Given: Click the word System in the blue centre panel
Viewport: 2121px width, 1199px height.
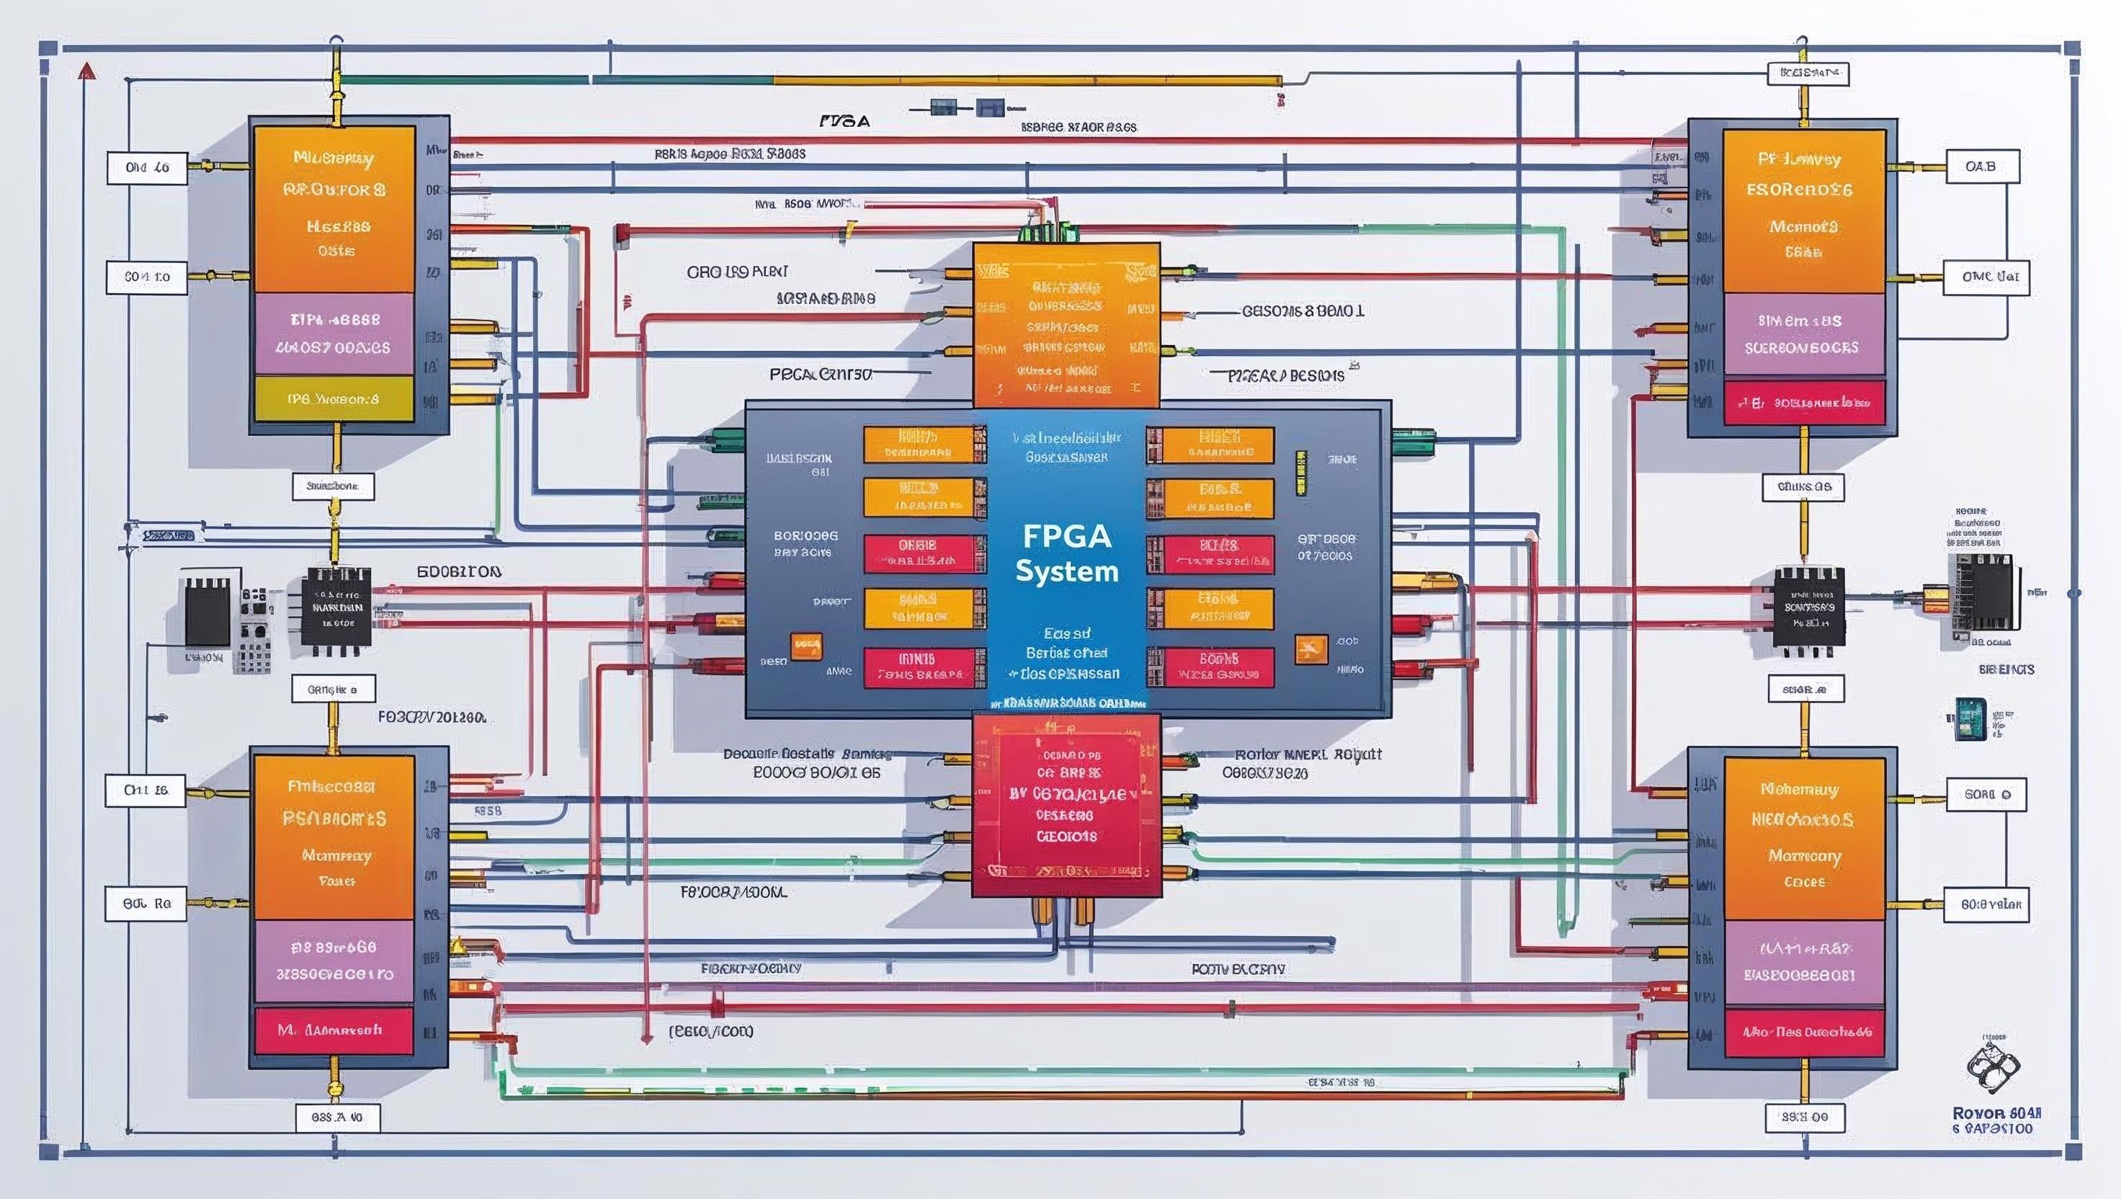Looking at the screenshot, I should tap(1066, 571).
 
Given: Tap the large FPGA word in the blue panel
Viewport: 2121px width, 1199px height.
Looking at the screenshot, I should tap(1066, 536).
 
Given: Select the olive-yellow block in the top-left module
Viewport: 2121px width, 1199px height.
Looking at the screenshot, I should tap(334, 399).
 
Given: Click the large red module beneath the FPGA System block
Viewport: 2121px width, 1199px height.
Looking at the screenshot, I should tap(1066, 805).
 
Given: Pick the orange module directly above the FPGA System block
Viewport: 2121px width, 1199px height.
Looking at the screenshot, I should tap(1066, 324).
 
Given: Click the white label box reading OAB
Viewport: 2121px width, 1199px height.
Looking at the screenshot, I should tap(1981, 166).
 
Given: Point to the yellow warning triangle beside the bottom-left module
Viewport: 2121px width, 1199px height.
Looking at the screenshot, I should tap(457, 946).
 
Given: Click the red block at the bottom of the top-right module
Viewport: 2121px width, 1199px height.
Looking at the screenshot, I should tap(1804, 403).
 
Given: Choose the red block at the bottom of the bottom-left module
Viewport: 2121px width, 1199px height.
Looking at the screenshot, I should tap(334, 1030).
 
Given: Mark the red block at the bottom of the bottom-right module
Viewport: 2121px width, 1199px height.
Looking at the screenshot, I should tap(1804, 1031).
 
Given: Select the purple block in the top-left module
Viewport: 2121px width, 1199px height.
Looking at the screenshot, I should tap(334, 334).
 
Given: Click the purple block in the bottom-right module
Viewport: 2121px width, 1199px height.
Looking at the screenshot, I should tap(1804, 962).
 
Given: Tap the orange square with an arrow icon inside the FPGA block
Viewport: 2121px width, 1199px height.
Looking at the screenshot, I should tap(1310, 649).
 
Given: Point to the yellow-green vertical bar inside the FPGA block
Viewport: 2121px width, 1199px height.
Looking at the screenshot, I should tap(1301, 473).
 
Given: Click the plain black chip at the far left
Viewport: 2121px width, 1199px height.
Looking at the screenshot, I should tap(207, 611).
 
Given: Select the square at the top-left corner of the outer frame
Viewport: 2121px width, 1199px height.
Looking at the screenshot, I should tap(48, 48).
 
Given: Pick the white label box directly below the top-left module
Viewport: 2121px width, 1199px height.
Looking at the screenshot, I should tap(334, 486).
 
